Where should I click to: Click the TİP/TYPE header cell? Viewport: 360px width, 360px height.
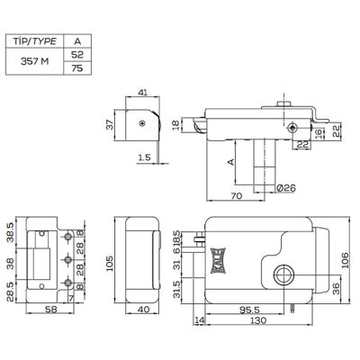click(35, 40)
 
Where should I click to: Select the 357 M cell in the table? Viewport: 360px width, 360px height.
click(35, 61)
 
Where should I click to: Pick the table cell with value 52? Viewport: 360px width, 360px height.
click(77, 54)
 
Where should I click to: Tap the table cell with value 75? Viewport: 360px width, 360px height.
click(77, 68)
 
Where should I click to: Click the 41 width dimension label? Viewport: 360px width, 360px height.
click(142, 92)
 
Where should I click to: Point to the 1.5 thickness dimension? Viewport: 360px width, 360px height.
click(145, 157)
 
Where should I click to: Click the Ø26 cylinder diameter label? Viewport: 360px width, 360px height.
click(286, 188)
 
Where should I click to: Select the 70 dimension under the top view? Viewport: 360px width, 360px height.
click(237, 196)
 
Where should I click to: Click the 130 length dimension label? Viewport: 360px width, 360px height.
click(258, 320)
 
